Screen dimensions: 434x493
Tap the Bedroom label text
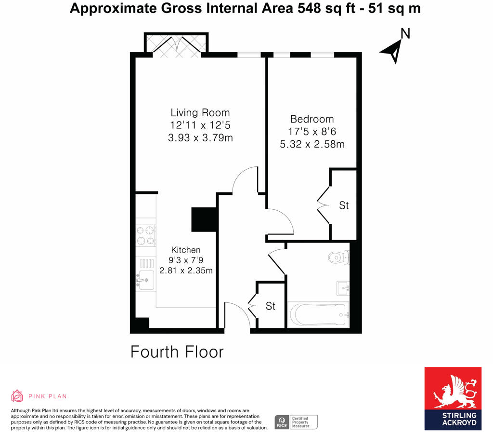pos(311,119)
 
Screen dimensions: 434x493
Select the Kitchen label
pos(186,250)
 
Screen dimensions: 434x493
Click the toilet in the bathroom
pos(338,257)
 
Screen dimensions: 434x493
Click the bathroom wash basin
pos(343,288)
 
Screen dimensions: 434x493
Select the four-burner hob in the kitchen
pos(145,235)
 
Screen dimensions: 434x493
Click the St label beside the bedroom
pos(344,205)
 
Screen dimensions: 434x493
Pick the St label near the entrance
pos(271,306)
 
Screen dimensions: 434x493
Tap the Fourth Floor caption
pos(177,352)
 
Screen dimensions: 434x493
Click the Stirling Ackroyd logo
pos(453,398)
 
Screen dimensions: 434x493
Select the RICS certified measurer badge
pos(296,422)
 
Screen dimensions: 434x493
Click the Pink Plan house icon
pos(17,396)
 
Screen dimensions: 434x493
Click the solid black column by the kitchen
pos(203,220)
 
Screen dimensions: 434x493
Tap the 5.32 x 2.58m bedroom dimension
pos(312,144)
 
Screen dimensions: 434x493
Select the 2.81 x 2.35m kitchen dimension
pos(186,271)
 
